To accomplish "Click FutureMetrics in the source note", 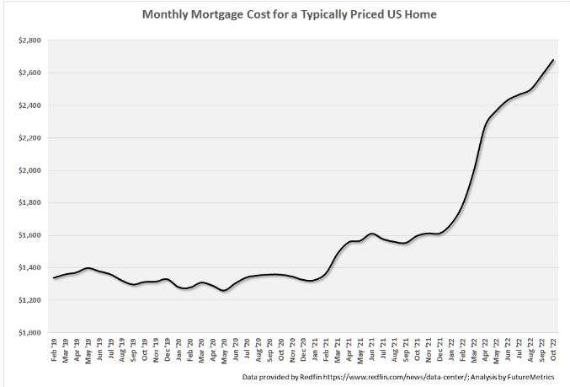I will pos(536,377).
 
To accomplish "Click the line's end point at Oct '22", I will pos(553,60).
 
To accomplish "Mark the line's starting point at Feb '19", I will pos(54,277).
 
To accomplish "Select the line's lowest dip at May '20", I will pos(223,291).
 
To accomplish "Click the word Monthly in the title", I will pos(165,15).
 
